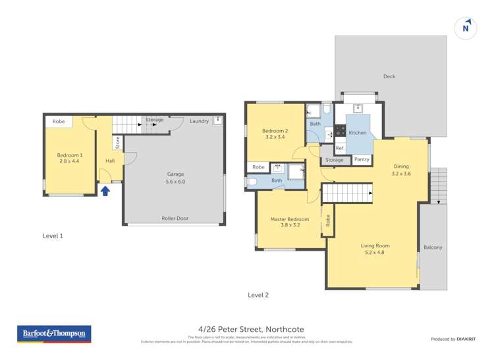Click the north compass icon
(x=466, y=28)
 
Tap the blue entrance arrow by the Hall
(x=105, y=191)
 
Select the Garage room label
(x=175, y=174)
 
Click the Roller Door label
(x=175, y=219)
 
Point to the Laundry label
(x=199, y=121)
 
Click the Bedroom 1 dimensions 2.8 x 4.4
(x=70, y=161)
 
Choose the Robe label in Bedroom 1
(x=59, y=122)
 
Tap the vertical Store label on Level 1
(x=118, y=141)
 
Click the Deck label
(x=389, y=77)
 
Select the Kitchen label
(x=358, y=133)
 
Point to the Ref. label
(x=340, y=149)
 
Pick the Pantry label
(x=362, y=159)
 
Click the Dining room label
(x=401, y=167)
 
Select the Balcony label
(x=433, y=247)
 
